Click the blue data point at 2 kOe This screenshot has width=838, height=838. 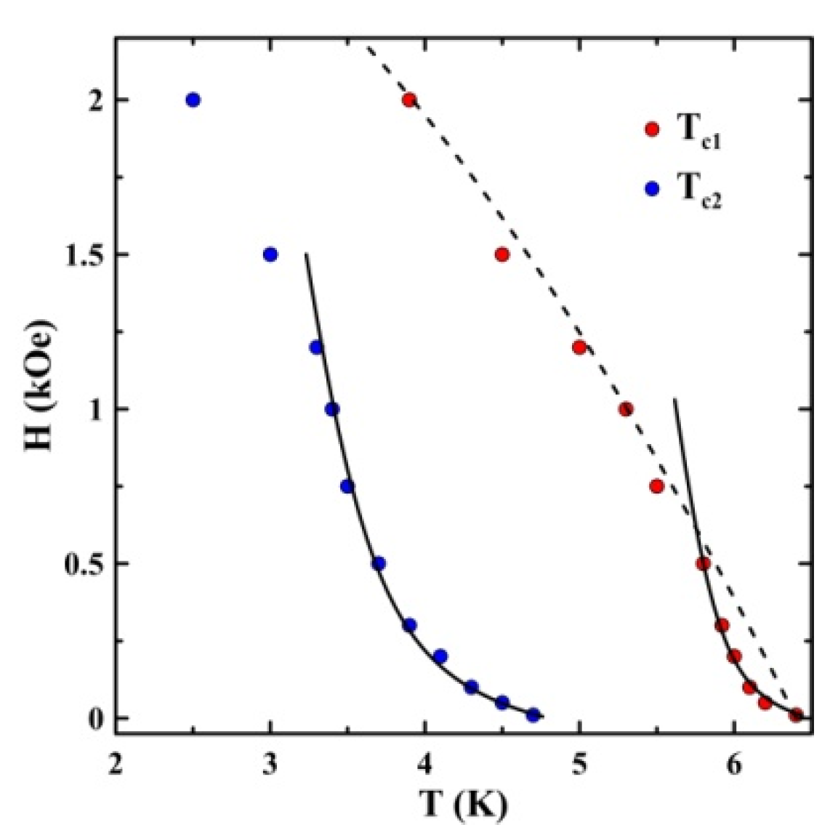point(193,100)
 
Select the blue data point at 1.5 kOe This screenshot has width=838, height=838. point(270,254)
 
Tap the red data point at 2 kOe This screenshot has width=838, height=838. point(409,100)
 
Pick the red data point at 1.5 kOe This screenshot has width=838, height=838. point(501,254)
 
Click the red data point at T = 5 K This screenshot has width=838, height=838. point(579,347)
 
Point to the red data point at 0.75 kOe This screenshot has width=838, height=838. point(656,486)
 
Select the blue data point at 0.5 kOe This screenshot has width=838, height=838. point(378,563)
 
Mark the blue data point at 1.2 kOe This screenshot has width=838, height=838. point(316,347)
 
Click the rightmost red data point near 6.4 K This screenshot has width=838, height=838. point(796,715)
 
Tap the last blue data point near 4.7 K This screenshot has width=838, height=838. point(533,715)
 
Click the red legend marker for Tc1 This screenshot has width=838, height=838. point(652,129)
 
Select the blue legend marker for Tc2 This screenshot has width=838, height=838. point(652,188)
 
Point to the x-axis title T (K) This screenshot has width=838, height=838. point(463,805)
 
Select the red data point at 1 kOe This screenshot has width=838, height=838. point(626,409)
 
